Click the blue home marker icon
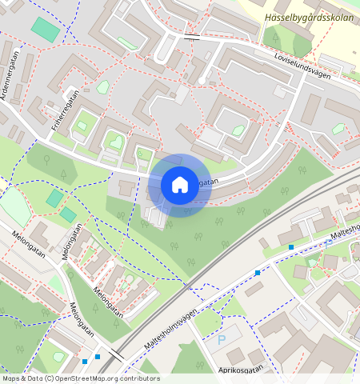[x=180, y=185]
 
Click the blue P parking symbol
[x=222, y=340]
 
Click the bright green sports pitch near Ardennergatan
[x=45, y=30]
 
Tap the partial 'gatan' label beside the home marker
[x=206, y=182]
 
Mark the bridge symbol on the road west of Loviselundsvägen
[x=192, y=37]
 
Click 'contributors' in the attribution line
[x=138, y=378]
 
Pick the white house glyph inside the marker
[x=180, y=185]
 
